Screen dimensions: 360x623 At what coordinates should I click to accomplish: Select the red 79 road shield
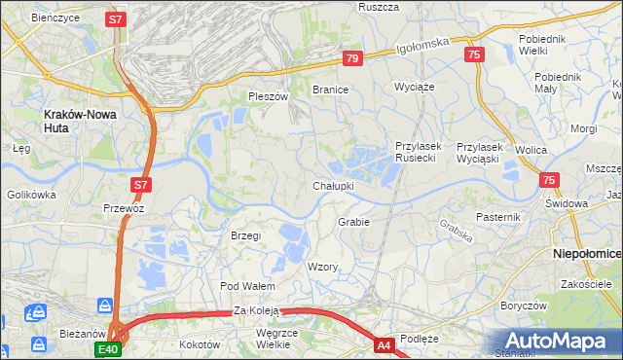[352, 59]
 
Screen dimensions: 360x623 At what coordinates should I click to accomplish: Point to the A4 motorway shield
[385, 343]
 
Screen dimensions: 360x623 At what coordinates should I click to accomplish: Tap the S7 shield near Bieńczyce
[117, 18]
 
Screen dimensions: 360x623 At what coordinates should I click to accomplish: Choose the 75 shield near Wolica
[549, 180]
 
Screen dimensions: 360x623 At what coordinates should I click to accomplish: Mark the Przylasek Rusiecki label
[419, 152]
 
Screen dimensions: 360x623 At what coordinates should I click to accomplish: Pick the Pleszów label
[269, 97]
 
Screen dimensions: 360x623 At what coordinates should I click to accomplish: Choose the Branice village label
[330, 90]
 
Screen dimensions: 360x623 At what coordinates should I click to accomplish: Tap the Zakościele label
[585, 284]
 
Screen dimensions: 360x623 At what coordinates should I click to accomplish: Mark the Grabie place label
[353, 222]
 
